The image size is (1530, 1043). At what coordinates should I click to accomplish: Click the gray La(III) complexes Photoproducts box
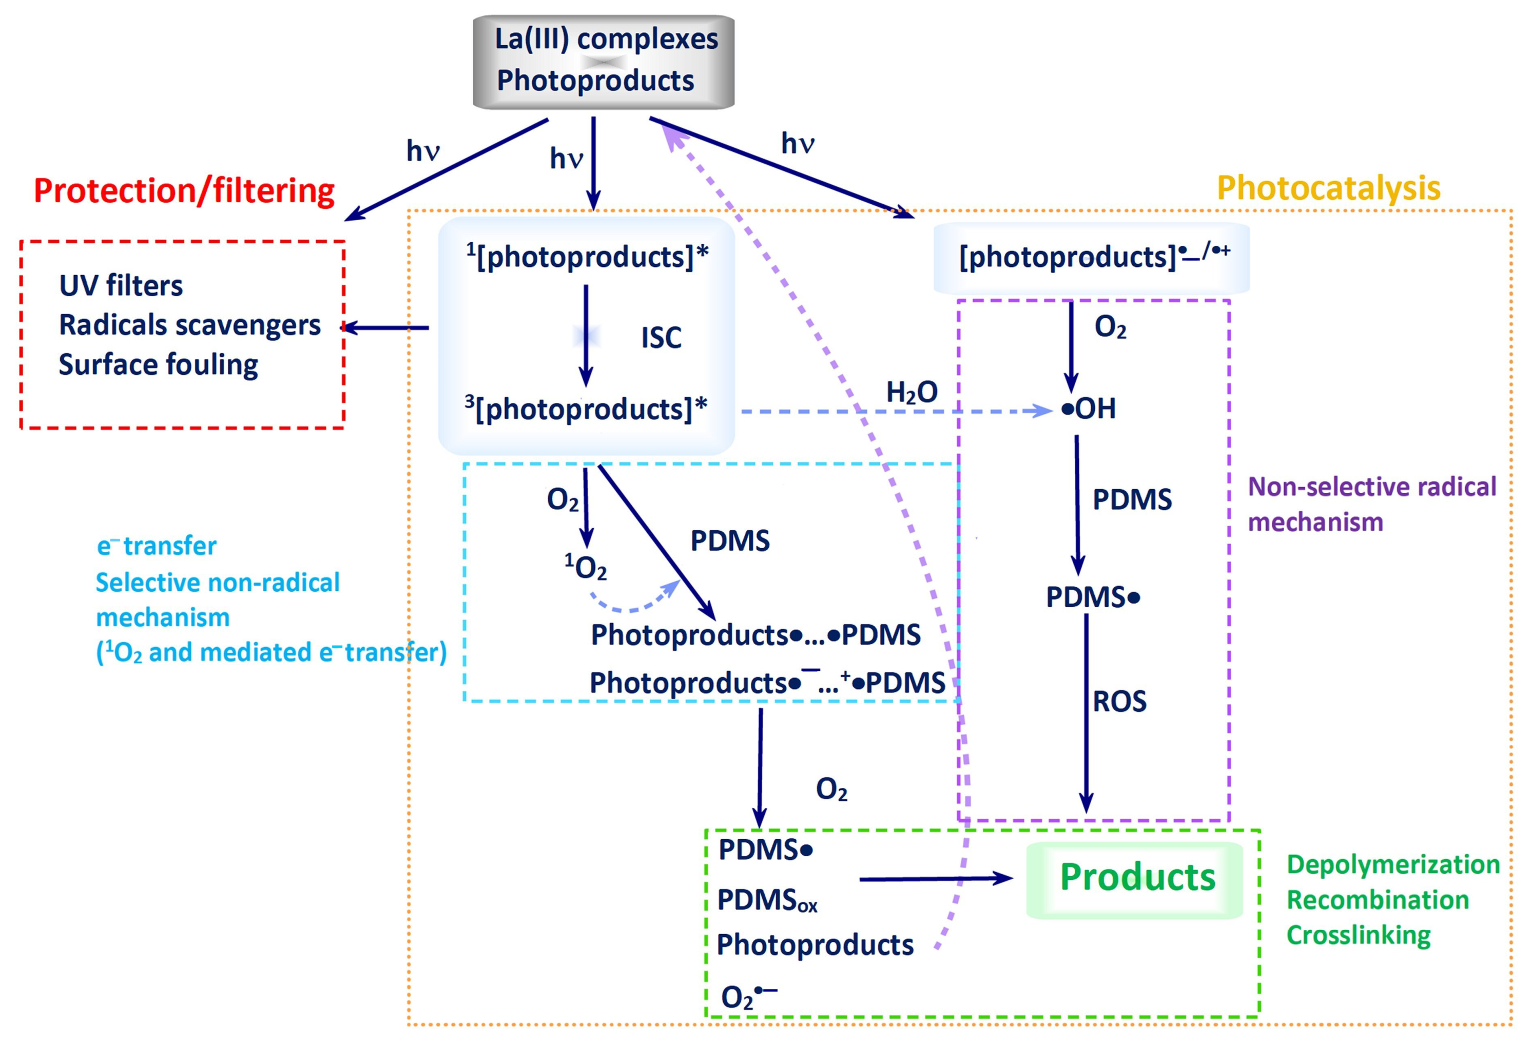pos(604,62)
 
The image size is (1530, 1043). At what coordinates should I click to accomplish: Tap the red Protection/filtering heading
pos(184,191)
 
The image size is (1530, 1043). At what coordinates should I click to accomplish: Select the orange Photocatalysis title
pos(1328,188)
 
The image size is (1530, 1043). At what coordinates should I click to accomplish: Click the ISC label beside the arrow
pos(661,338)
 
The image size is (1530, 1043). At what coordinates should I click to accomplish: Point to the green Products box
pos(1134,879)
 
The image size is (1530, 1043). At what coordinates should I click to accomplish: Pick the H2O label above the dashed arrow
pos(912,393)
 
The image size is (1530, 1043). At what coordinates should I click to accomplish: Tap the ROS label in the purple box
pos(1119,701)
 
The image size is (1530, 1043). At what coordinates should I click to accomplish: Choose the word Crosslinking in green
pos(1359,936)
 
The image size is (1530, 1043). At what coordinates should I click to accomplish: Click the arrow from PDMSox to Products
pos(936,878)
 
